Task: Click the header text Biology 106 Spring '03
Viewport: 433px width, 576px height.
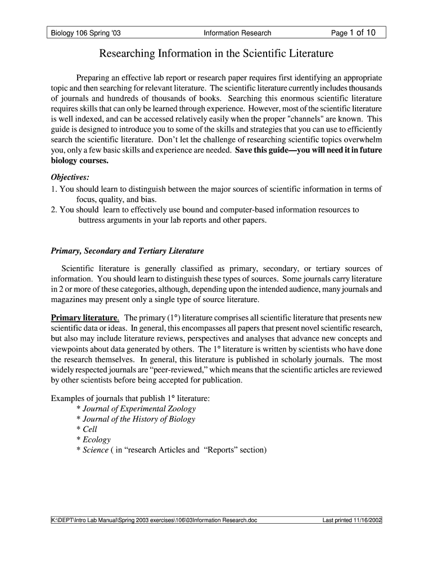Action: [x=84, y=33]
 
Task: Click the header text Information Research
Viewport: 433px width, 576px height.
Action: [x=237, y=33]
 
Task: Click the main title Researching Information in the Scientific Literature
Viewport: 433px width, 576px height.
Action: [x=216, y=54]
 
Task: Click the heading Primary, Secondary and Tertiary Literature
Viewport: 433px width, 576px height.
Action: [x=127, y=250]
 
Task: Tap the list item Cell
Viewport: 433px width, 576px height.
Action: [x=90, y=429]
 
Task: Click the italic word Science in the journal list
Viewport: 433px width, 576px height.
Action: [x=96, y=450]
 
